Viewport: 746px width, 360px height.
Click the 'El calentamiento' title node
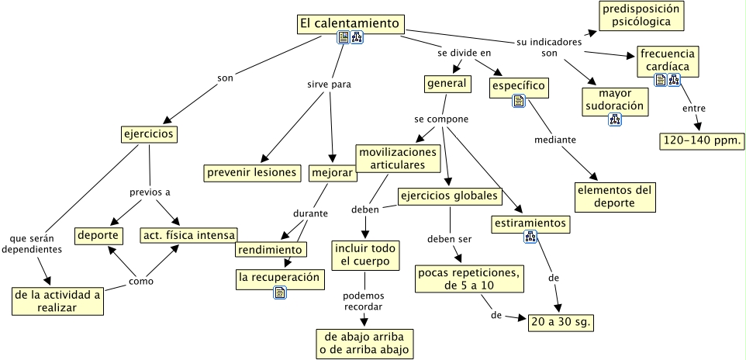tap(351, 24)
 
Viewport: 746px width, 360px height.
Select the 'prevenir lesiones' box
tap(252, 172)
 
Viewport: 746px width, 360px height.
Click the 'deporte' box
tap(98, 234)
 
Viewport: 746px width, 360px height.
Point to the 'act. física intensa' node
tap(188, 234)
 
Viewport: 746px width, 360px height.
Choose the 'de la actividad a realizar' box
tap(58, 300)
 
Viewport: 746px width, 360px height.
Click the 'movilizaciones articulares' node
tap(397, 157)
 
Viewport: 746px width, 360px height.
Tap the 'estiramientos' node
tap(531, 224)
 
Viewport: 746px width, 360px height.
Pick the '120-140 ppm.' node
tap(702, 140)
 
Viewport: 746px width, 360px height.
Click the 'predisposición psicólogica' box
tap(641, 16)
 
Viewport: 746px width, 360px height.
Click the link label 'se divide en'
tap(465, 53)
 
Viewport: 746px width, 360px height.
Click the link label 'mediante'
tap(555, 140)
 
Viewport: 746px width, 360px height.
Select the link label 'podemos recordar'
tap(364, 300)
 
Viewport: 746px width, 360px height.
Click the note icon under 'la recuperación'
tap(280, 292)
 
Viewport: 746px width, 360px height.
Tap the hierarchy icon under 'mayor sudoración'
tap(615, 119)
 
